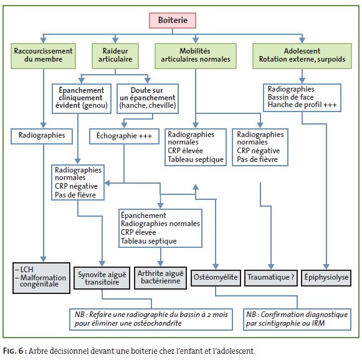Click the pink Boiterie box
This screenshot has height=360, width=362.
[173, 21]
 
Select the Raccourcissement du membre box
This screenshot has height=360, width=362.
[43, 56]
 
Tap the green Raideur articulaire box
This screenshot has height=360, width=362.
[115, 56]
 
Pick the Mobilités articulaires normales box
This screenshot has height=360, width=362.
[196, 56]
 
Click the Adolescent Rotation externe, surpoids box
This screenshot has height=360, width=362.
[302, 56]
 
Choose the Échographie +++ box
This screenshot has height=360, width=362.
[124, 136]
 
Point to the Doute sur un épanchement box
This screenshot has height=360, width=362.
[148, 98]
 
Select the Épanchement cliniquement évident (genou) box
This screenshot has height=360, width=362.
[82, 98]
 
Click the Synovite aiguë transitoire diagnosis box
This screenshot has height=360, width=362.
[102, 278]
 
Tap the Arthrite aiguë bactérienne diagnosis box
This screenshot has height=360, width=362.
[161, 278]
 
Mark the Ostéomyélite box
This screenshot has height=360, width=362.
[216, 278]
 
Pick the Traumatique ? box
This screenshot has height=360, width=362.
[271, 278]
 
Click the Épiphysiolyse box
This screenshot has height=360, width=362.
[326, 278]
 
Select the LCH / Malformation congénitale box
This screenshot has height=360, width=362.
[41, 278]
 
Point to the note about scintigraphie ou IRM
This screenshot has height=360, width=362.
[297, 320]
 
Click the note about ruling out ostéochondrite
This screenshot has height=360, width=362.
[151, 320]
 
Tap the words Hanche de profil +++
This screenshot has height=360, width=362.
[302, 105]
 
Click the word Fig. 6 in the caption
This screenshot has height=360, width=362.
[13, 351]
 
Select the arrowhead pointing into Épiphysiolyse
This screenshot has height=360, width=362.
[326, 267]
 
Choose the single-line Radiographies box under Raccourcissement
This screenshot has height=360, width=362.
[42, 136]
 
